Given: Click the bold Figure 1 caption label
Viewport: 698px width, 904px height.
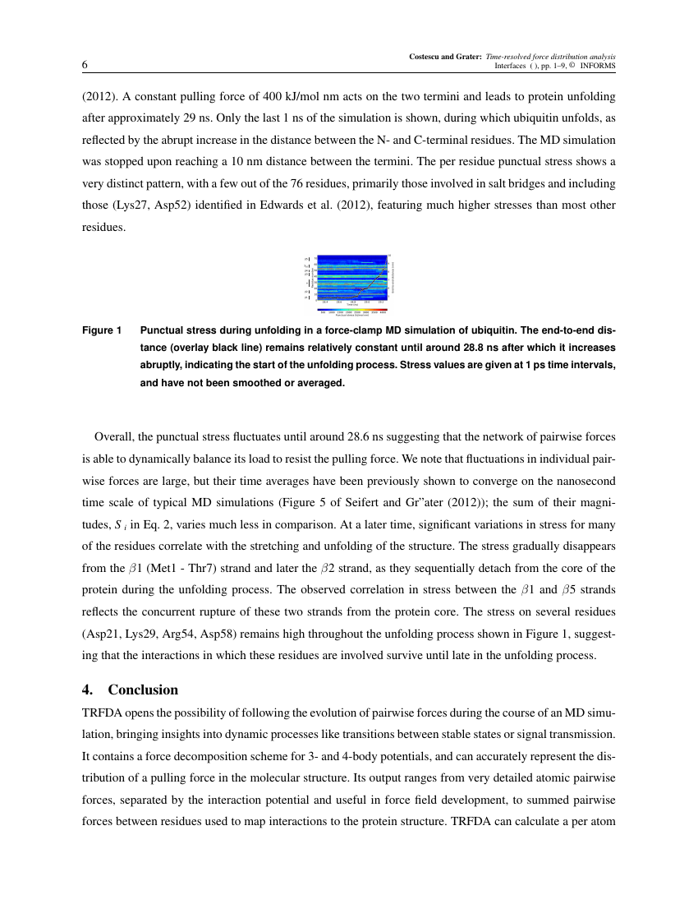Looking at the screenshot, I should [102, 330].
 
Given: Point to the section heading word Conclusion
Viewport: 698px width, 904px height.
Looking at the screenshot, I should [143, 690].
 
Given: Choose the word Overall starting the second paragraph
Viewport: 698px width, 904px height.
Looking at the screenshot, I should [114, 436].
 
